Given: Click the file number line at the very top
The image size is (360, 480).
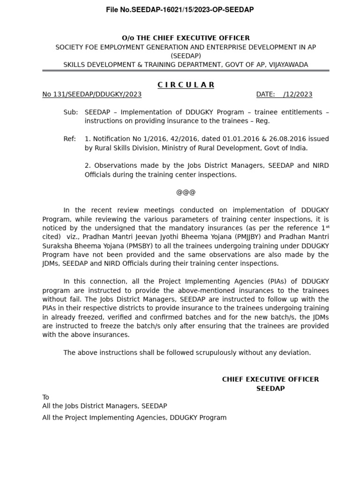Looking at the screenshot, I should (x=180, y=10).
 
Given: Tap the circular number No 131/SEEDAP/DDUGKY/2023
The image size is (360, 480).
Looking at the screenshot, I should (x=92, y=94).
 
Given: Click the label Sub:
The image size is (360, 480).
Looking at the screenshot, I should (x=71, y=112).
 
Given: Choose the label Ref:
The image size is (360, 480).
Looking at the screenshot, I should (x=70, y=139).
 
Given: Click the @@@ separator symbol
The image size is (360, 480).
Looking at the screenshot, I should (x=186, y=192).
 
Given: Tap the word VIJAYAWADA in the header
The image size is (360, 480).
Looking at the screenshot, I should (x=289, y=65).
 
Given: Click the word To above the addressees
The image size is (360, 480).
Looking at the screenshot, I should (x=46, y=397).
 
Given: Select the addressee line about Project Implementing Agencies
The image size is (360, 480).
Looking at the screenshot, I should (x=135, y=417).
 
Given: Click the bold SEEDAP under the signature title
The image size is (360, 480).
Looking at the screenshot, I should (x=270, y=389).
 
